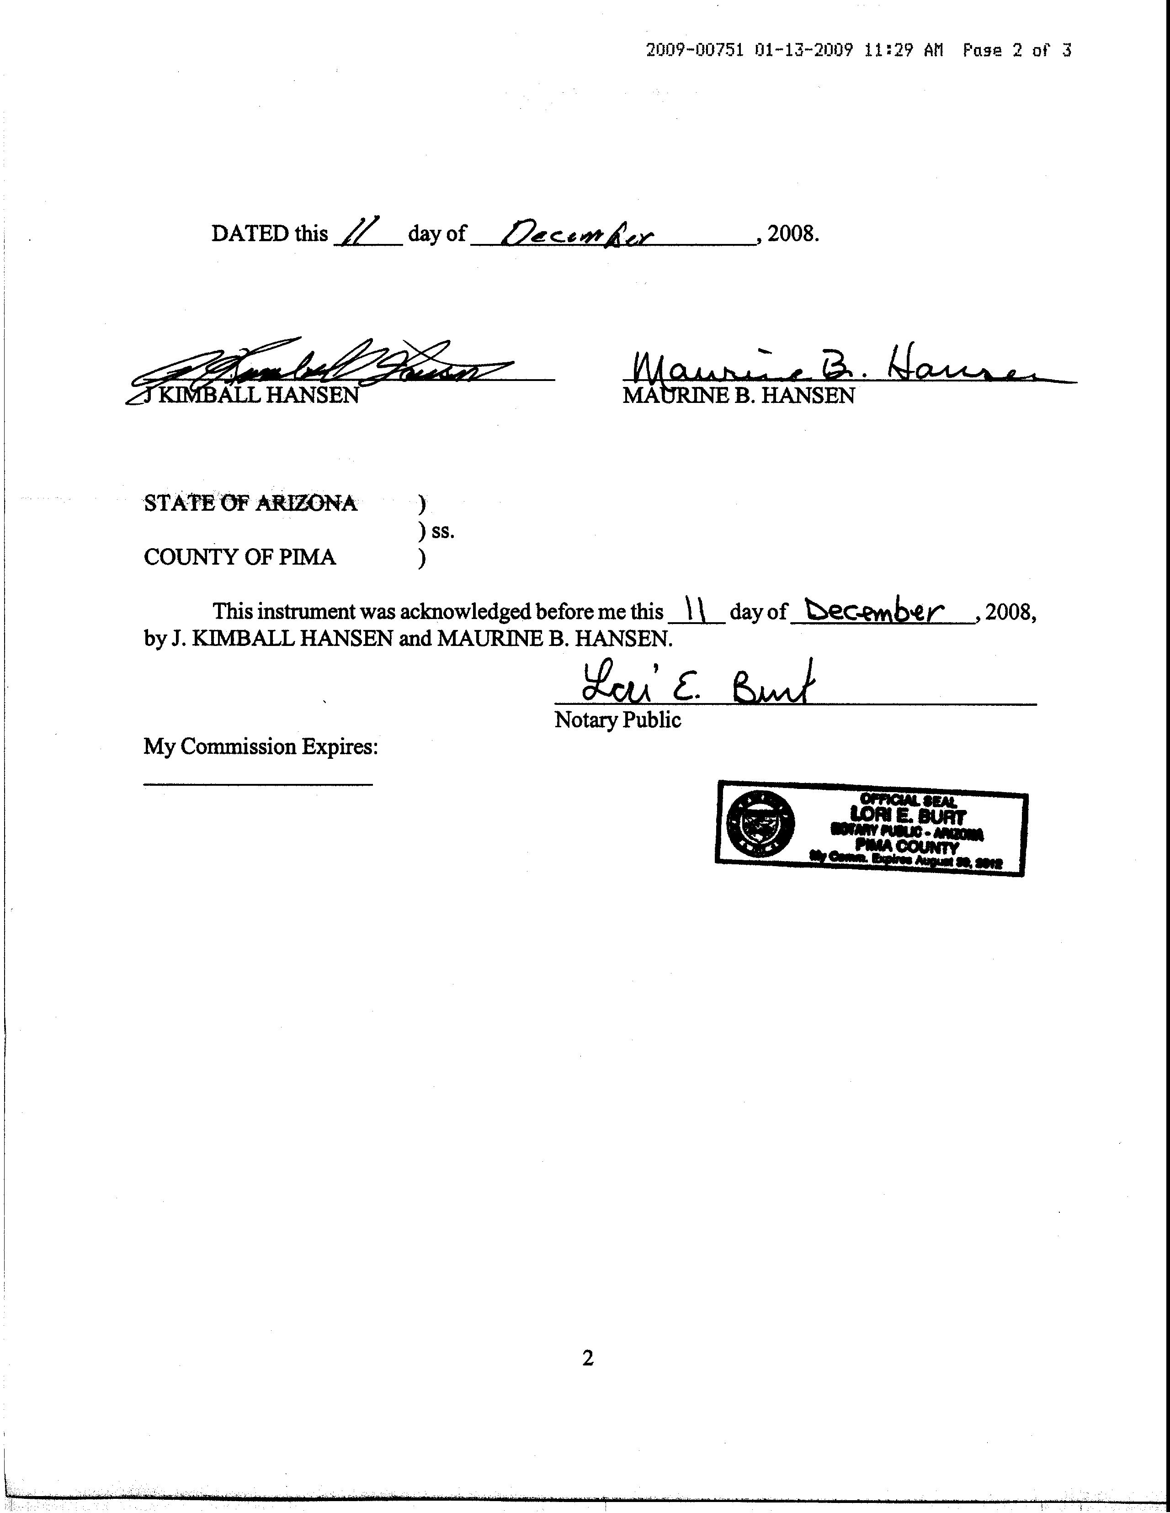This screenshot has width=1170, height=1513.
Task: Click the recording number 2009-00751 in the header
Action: click(695, 50)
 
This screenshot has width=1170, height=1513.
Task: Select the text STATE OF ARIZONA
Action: click(250, 503)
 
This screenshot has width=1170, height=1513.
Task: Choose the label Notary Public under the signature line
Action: click(617, 720)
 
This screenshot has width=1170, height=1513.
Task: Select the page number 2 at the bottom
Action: click(588, 1358)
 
